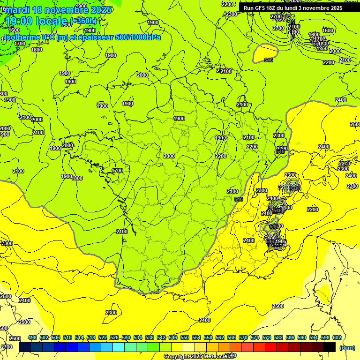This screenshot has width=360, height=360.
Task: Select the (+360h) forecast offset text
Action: point(83,21)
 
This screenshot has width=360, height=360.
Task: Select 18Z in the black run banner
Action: point(274,8)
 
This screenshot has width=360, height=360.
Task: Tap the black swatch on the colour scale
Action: point(330,347)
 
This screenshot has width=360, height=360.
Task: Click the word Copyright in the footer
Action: point(177,357)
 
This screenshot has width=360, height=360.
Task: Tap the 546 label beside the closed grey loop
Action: point(269,60)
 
